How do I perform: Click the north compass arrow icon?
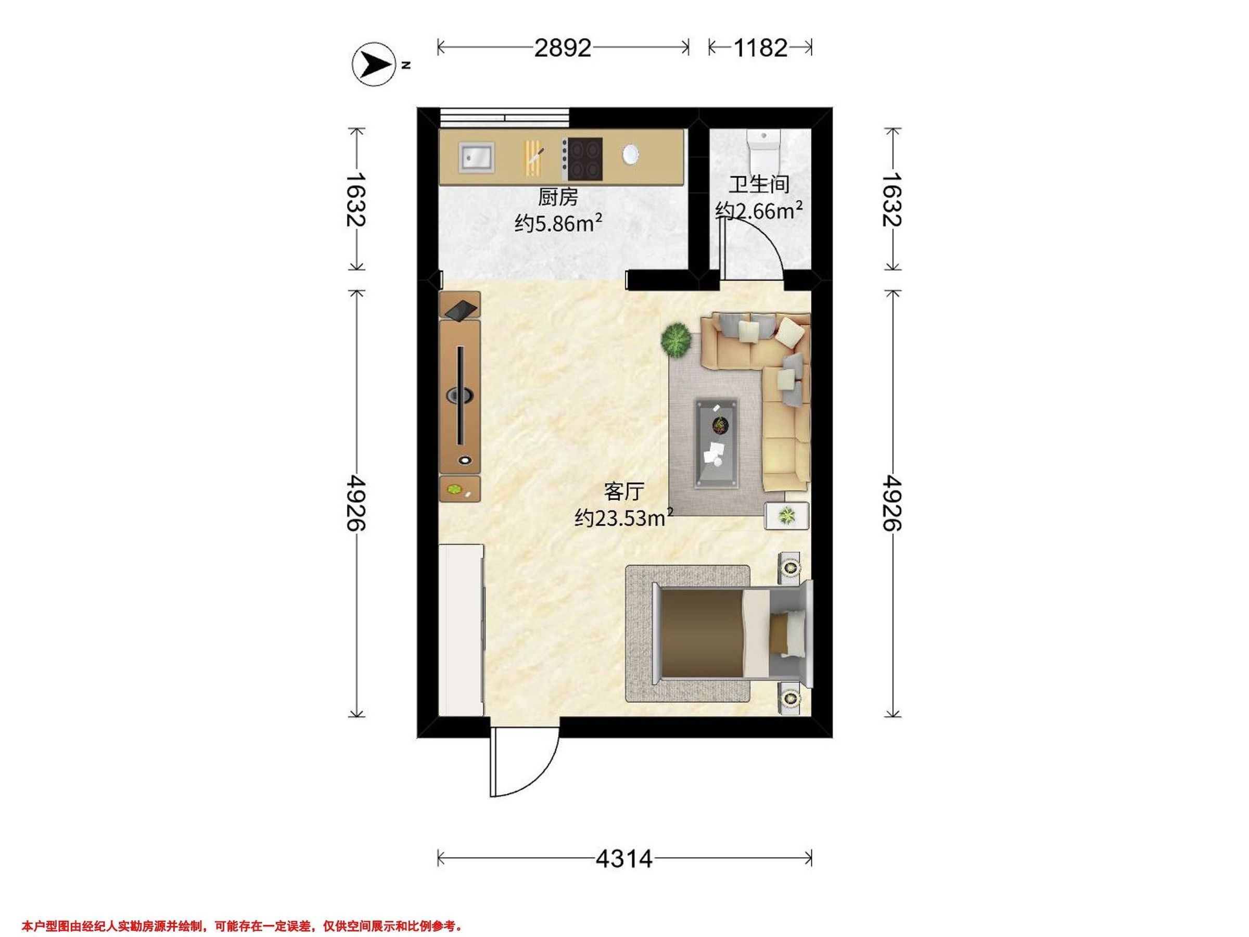373,65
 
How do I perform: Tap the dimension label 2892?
563,48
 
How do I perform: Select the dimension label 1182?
760,48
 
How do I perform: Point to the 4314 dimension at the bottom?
624,859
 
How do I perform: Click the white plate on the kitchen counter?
630,154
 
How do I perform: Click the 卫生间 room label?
758,185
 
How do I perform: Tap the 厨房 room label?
558,198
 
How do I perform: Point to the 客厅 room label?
623,491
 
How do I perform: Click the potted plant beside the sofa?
677,340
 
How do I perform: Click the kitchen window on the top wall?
504,118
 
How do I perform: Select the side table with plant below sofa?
786,515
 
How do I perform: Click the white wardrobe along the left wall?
461,630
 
